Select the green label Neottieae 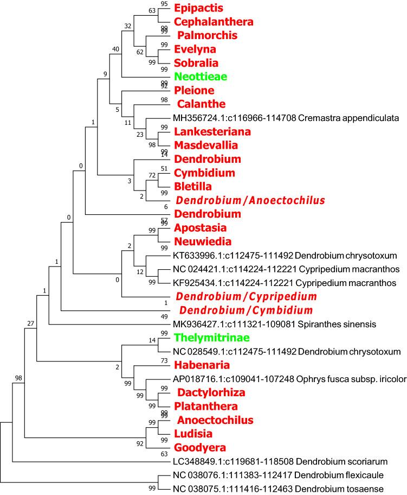(200, 77)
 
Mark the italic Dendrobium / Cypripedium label (246, 297)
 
